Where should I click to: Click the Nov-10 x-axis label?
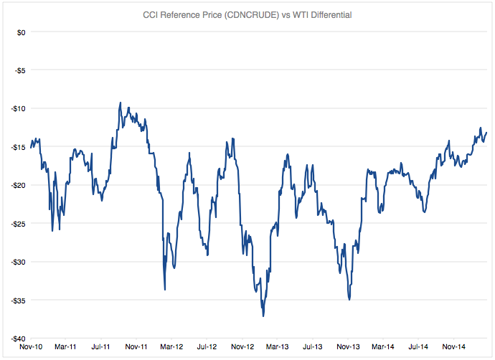click(x=30, y=347)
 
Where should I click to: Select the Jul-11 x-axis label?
click(x=100, y=347)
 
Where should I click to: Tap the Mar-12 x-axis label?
click(x=171, y=347)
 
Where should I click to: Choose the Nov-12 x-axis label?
click(x=241, y=347)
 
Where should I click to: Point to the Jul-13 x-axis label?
click(x=311, y=347)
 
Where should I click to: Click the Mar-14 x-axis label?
click(x=382, y=347)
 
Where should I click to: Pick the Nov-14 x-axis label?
click(x=453, y=347)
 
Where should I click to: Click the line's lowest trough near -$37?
click(x=263, y=316)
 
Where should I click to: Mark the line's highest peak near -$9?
click(x=121, y=103)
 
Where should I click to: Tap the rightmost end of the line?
click(x=486, y=132)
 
